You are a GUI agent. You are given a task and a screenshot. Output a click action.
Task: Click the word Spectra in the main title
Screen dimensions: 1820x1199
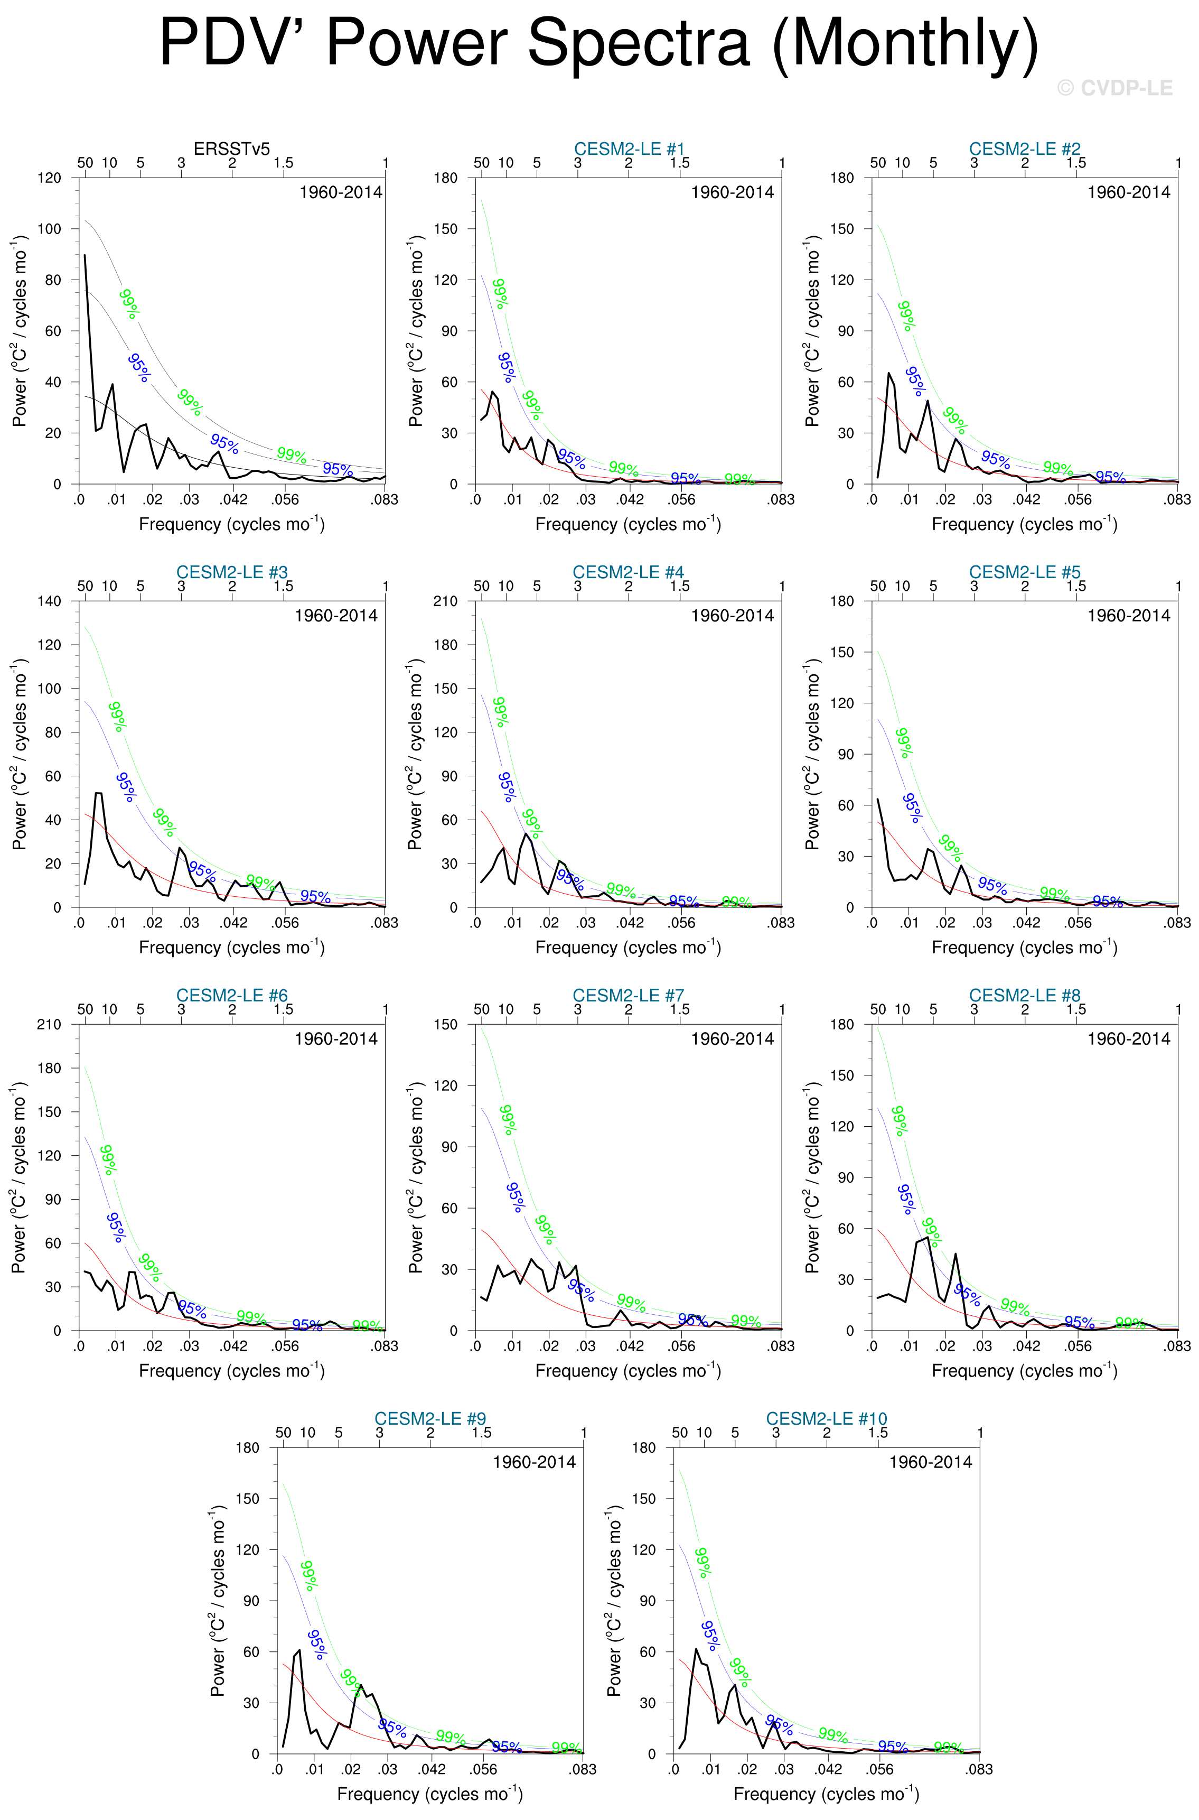pos(639,44)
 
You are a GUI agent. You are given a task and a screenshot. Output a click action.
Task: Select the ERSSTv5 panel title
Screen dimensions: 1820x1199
pos(232,148)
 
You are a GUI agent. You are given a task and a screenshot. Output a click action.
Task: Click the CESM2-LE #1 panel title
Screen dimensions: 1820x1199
pos(629,148)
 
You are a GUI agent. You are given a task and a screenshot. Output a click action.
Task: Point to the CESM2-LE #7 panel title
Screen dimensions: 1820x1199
pos(628,995)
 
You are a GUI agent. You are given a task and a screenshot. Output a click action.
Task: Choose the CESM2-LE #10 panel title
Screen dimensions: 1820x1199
pos(827,1418)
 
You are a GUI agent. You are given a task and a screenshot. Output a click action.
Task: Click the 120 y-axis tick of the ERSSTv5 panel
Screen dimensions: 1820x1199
pos(50,178)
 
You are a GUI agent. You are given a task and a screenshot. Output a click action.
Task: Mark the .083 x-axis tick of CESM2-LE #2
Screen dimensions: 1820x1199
pos(1177,499)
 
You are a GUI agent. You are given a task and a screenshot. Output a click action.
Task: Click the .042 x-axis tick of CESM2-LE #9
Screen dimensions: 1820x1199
pos(432,1769)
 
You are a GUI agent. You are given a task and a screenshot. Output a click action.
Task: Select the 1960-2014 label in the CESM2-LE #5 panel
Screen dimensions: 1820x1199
pos(1129,616)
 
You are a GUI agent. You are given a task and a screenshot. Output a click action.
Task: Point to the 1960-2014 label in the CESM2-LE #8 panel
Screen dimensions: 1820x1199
pos(1129,1039)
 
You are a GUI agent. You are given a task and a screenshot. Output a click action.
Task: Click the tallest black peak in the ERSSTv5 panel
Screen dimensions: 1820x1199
pos(85,256)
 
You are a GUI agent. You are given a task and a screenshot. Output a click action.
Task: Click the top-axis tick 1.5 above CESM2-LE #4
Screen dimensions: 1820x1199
pos(680,586)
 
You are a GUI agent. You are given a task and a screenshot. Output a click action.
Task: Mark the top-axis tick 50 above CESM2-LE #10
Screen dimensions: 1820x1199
pos(679,1432)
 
